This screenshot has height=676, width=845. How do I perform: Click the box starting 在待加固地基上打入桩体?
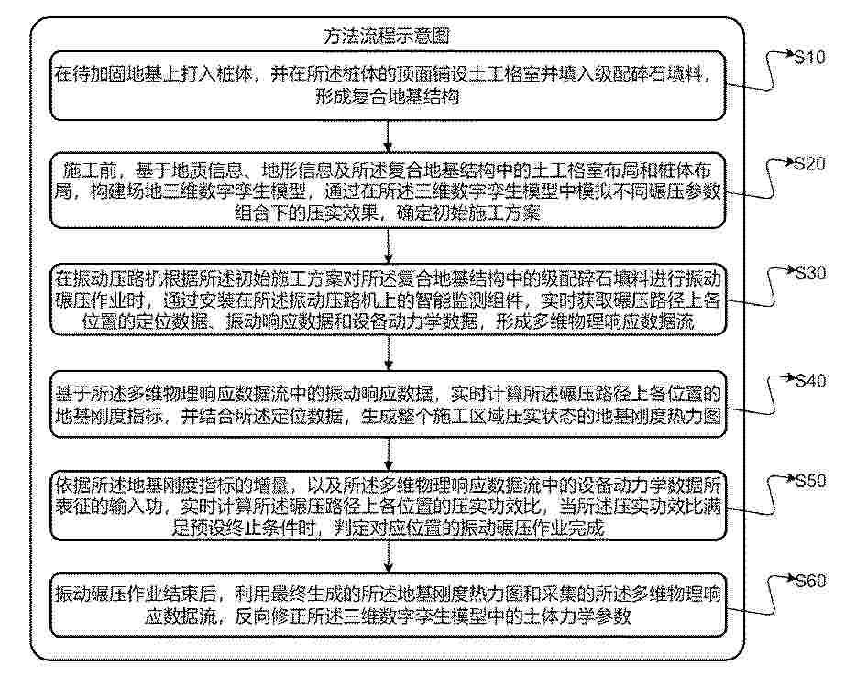coord(390,85)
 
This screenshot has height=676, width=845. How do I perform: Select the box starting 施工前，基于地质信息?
coord(390,192)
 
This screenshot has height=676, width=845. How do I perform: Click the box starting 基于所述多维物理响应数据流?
coord(390,404)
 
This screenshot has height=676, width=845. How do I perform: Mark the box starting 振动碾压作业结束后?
coord(390,605)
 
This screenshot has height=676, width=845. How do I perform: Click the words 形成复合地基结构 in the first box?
coord(390,95)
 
